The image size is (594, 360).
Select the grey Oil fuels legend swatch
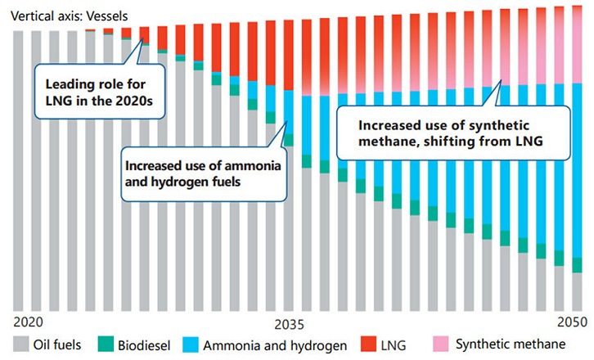(19, 344)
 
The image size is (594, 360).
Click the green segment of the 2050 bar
(578, 264)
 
